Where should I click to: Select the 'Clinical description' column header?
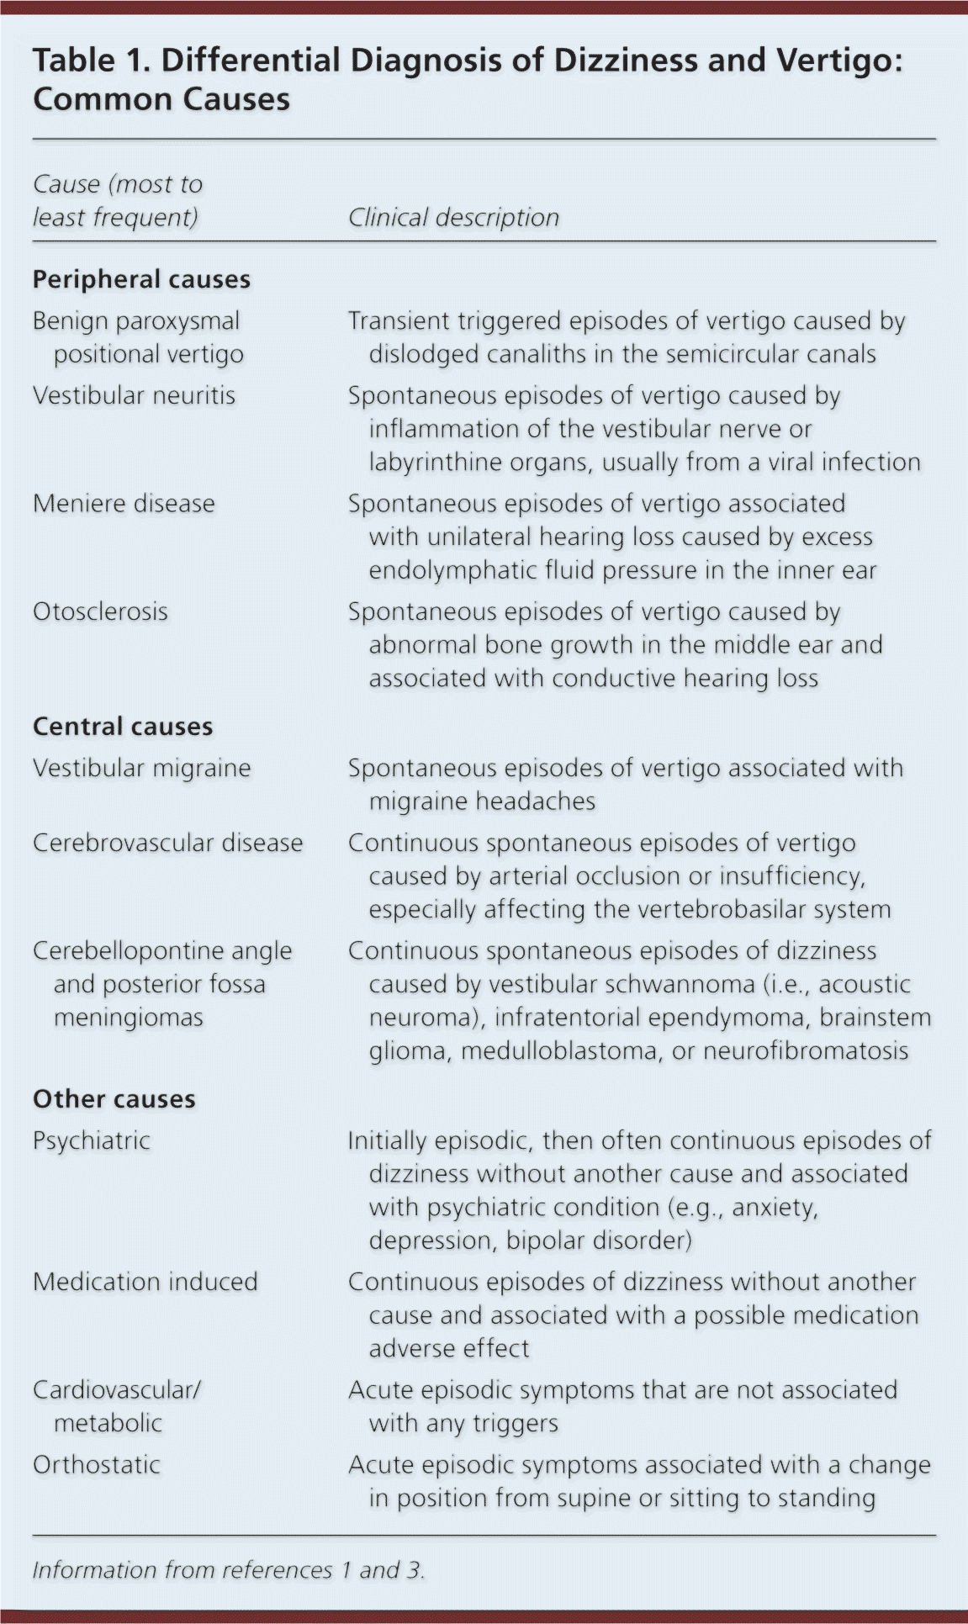point(453,218)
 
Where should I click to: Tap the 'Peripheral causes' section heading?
point(141,279)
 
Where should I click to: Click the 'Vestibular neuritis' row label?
point(134,395)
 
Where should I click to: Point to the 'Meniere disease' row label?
point(124,504)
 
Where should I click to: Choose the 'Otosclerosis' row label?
point(100,611)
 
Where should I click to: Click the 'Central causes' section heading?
point(123,727)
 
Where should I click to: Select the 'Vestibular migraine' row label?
point(141,768)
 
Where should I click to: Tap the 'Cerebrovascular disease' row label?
point(167,843)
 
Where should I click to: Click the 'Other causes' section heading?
point(114,1099)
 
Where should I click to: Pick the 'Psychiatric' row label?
point(91,1140)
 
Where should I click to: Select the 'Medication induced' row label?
point(145,1282)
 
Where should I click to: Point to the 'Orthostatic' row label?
point(96,1464)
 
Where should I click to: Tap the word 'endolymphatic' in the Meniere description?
point(442,570)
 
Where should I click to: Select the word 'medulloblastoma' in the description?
point(559,1050)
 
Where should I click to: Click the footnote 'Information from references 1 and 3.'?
point(228,1570)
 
